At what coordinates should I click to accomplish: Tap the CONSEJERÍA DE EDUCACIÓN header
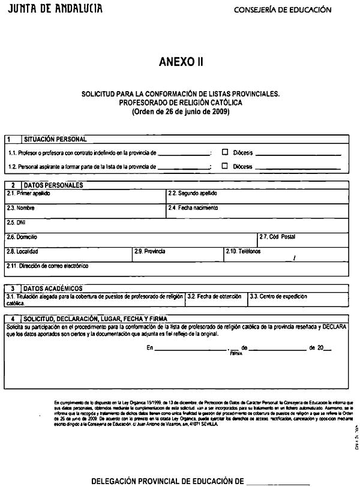point(282,10)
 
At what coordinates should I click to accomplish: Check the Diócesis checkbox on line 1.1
point(225,152)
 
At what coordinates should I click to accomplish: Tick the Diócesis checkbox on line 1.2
point(225,166)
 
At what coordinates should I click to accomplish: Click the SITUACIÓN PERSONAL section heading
point(55,139)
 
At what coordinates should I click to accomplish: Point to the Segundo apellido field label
point(192,194)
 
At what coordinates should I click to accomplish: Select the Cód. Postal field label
point(277,237)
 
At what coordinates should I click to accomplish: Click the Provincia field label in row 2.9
point(150,251)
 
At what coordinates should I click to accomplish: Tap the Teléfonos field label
point(243,251)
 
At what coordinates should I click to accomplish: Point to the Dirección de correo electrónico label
point(47,266)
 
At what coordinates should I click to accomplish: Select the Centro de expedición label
point(278,296)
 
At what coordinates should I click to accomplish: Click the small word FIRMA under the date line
point(235,354)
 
